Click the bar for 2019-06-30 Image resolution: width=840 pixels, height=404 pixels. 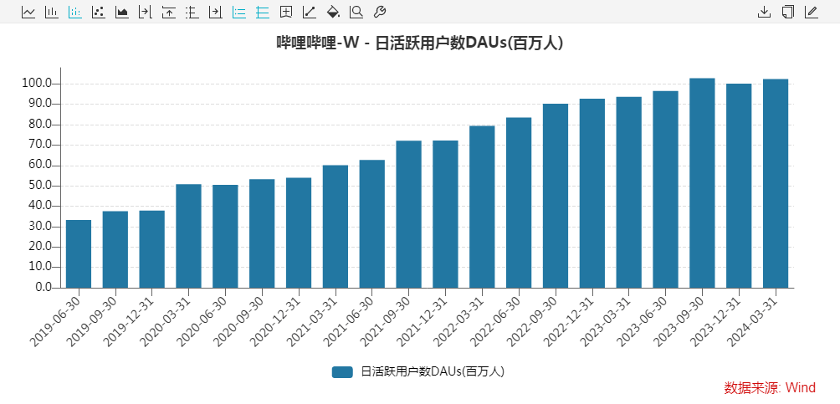click(x=79, y=253)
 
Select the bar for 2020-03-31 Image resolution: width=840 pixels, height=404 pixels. click(x=188, y=236)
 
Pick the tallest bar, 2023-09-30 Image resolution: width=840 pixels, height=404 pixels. click(x=702, y=183)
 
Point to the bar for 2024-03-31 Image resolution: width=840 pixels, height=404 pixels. click(x=776, y=183)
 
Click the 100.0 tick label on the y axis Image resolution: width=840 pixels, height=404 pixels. click(x=38, y=84)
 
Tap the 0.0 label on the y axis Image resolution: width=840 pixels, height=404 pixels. click(x=43, y=288)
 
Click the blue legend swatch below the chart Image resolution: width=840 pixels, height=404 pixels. click(x=342, y=371)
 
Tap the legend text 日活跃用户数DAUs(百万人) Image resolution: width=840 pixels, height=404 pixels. click(x=433, y=371)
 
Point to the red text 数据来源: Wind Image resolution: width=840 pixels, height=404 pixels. click(x=770, y=388)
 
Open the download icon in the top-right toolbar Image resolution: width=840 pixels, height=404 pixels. click(x=764, y=12)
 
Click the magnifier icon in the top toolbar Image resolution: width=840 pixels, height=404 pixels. click(x=356, y=12)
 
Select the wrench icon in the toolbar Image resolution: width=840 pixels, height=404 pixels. click(x=379, y=12)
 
